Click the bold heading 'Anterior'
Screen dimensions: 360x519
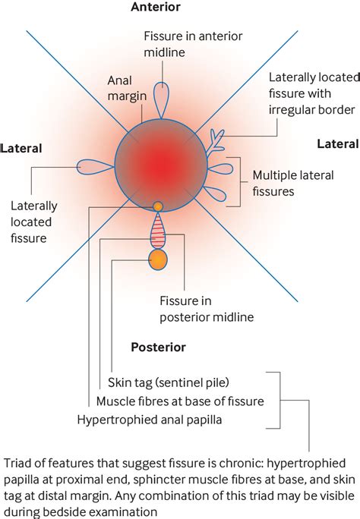(156, 7)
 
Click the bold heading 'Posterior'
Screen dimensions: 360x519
(158, 348)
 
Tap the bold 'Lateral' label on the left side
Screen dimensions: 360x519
(21, 148)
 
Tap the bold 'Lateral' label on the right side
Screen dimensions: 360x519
(338, 144)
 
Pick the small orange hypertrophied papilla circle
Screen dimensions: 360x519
(158, 206)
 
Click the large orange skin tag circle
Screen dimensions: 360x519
(158, 260)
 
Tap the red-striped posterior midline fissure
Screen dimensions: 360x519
(158, 231)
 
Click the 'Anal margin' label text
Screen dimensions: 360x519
(127, 88)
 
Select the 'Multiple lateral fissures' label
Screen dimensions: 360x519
(293, 183)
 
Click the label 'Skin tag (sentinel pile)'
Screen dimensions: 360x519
(169, 382)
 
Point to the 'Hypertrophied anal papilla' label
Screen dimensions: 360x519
(150, 420)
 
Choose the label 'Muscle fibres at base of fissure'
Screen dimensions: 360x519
(180, 401)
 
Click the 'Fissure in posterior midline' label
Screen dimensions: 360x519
(207, 309)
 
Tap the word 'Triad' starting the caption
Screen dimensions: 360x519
(17, 463)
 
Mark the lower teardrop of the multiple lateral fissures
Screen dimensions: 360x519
(215, 193)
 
